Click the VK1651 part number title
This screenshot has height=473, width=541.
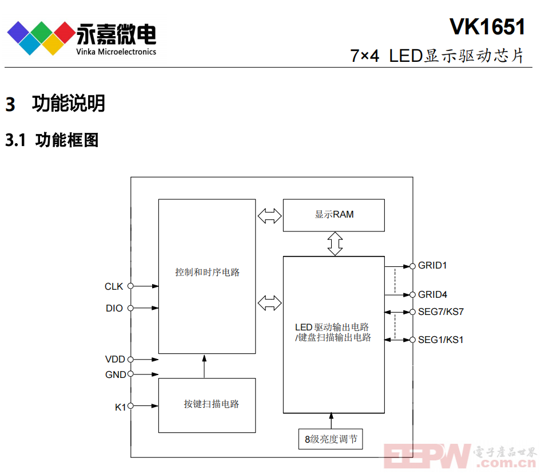(x=487, y=26)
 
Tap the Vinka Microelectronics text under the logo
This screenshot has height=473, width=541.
(x=116, y=52)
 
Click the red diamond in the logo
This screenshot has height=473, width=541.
(x=65, y=33)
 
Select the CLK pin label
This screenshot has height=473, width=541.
(x=114, y=286)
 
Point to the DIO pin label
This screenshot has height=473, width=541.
(x=114, y=308)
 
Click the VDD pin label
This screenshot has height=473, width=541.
(x=115, y=359)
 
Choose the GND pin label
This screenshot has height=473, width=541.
(x=116, y=375)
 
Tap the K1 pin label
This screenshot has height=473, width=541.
(x=120, y=407)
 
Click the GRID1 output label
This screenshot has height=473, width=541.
(x=432, y=265)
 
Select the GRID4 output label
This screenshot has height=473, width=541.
(x=432, y=294)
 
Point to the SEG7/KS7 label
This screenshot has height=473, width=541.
(x=440, y=312)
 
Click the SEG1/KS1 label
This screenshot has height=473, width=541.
(x=440, y=340)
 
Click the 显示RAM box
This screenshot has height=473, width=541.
(x=333, y=215)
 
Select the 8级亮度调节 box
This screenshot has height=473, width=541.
(x=331, y=439)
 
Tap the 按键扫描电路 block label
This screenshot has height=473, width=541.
(x=211, y=404)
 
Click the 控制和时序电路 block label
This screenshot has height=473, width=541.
(x=207, y=272)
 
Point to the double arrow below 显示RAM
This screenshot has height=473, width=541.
(x=335, y=244)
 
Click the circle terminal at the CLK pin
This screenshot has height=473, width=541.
(x=130, y=286)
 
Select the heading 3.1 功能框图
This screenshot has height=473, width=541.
(x=52, y=140)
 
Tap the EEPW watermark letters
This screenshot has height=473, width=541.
(x=427, y=456)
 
